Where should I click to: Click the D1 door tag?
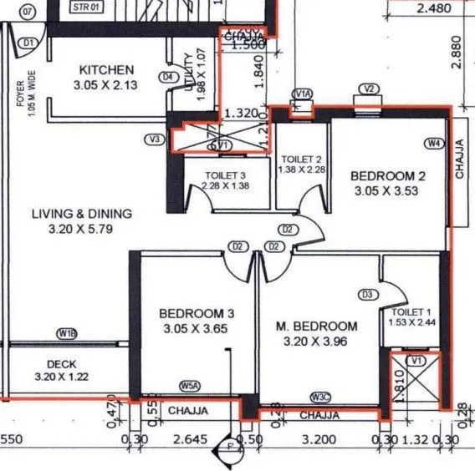28,43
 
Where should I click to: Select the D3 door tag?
366,294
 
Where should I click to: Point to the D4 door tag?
169,77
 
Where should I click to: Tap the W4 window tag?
433,144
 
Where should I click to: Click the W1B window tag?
68,334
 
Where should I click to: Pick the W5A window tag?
191,386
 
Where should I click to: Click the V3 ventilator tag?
154,139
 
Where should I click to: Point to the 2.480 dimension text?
433,9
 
